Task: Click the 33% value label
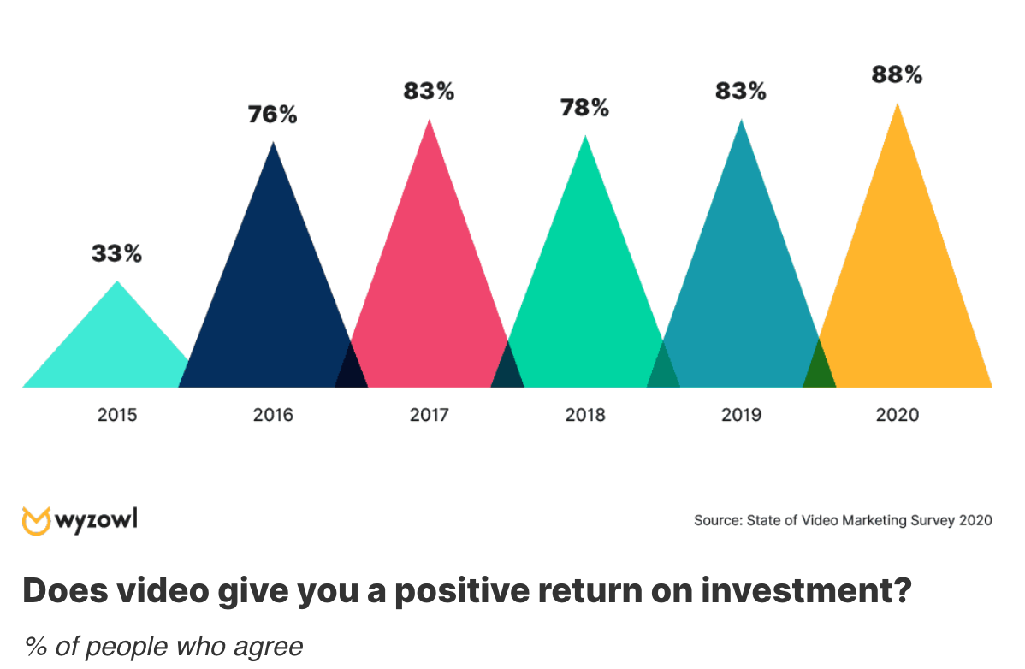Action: (x=116, y=253)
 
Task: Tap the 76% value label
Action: (x=273, y=115)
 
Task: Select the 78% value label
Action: (x=584, y=108)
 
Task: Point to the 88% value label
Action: (x=897, y=74)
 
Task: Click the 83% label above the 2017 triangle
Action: (x=429, y=91)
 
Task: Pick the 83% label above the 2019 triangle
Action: (x=741, y=91)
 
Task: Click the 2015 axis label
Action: (x=117, y=415)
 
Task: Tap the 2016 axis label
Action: (x=273, y=415)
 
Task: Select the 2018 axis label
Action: (x=585, y=415)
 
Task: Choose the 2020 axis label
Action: (x=898, y=415)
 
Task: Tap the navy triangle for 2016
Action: (x=273, y=307)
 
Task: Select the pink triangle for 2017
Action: (x=430, y=294)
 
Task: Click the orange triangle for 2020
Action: (x=902, y=294)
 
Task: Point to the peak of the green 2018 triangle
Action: (x=585, y=136)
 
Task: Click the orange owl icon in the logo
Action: (x=36, y=521)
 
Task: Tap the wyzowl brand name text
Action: (x=96, y=520)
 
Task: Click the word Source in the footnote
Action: (x=718, y=521)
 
